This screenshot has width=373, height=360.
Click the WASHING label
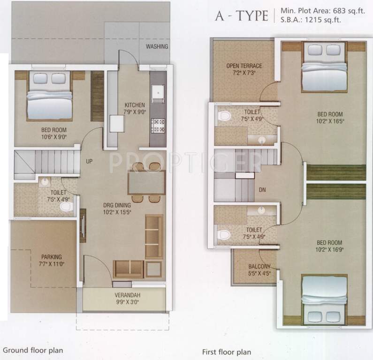157,47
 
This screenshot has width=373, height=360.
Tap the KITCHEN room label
134,105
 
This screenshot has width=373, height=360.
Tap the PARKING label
52,257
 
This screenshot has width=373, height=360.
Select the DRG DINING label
117,205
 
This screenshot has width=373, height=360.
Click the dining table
146,182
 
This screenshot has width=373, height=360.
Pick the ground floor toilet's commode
67,206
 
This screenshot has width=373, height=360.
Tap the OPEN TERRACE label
244,66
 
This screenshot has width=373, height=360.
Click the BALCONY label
259,267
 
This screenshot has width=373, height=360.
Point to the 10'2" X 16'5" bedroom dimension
329,120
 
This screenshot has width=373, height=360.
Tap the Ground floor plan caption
32,350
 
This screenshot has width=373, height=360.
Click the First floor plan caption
227,352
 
